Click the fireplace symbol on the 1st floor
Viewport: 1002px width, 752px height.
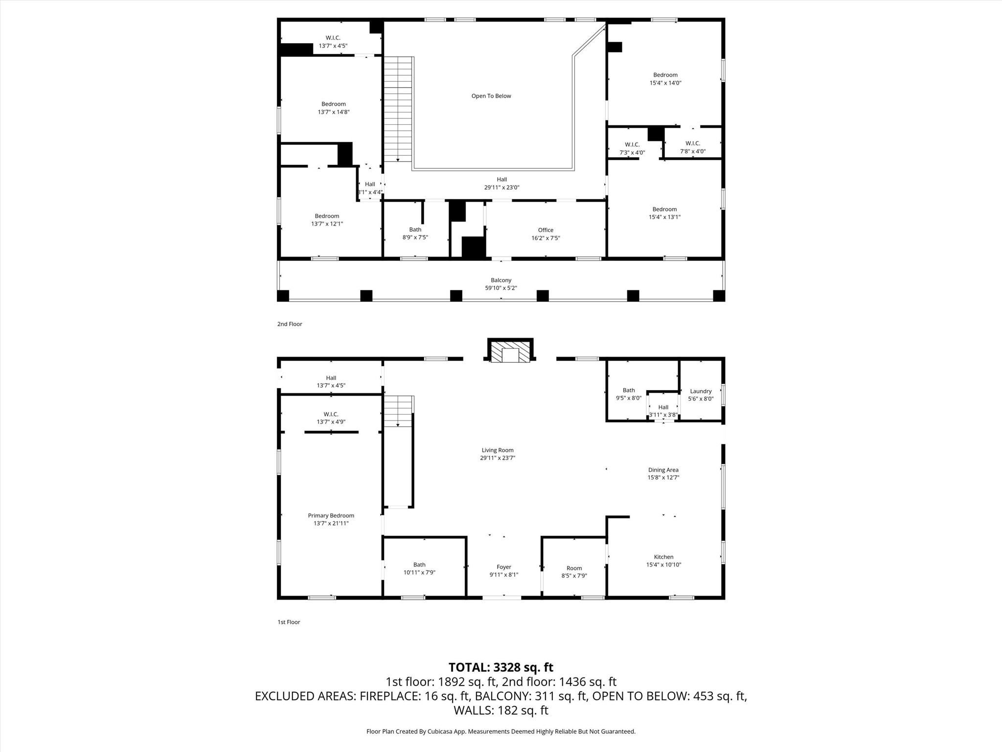[x=510, y=352]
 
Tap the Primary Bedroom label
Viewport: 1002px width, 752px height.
[x=331, y=516]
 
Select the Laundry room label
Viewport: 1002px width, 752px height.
[x=701, y=391]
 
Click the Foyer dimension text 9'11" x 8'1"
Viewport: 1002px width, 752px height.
[x=503, y=575]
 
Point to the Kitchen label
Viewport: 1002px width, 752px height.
[x=663, y=557]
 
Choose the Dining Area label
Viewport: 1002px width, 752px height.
[x=663, y=470]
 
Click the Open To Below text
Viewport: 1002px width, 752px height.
[x=491, y=96]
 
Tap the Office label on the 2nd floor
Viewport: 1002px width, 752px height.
[x=546, y=230]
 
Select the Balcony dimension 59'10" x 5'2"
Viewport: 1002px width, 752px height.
[x=501, y=288]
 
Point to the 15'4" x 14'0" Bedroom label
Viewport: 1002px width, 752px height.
[x=665, y=75]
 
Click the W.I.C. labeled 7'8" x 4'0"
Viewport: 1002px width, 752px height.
[x=692, y=143]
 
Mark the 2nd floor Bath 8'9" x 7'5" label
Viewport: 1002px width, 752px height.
[x=415, y=230]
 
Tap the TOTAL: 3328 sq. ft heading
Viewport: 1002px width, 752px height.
[x=501, y=667]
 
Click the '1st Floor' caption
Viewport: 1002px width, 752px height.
[x=289, y=622]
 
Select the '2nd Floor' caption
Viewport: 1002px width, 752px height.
[x=290, y=324]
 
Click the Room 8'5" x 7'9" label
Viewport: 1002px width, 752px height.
[x=574, y=568]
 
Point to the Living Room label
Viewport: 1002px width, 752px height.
[x=497, y=450]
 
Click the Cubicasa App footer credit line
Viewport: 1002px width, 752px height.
[x=501, y=731]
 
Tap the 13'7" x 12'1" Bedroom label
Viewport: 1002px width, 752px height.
[x=327, y=216]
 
